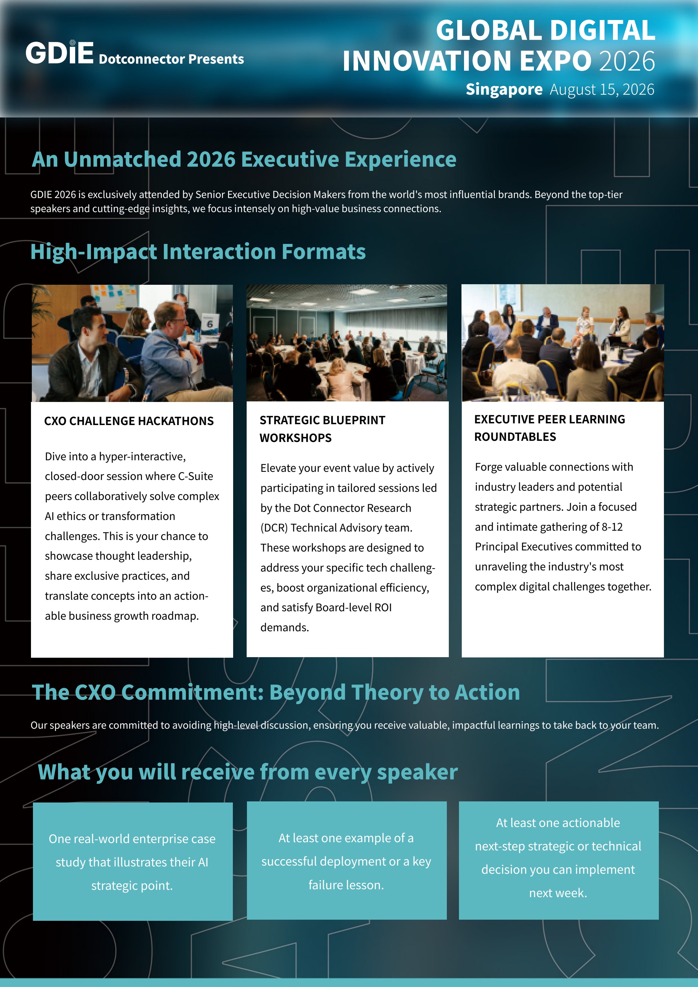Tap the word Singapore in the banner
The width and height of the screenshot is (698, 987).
[504, 89]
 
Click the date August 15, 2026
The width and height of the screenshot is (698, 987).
[602, 89]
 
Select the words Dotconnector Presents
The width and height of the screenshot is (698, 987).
[171, 59]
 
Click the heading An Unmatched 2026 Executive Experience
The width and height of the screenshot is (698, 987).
[244, 159]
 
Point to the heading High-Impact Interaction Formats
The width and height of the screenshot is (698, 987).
[198, 252]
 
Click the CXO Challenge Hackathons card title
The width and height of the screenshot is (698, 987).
[129, 421]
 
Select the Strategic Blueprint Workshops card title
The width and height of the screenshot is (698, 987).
[322, 429]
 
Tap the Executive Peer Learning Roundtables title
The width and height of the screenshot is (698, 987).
[550, 428]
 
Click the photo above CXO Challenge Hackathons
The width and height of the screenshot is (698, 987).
[132, 343]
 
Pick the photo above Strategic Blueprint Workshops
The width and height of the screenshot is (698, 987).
[347, 343]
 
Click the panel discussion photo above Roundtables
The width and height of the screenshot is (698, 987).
[563, 343]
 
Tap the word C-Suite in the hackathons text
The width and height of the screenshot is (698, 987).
[196, 476]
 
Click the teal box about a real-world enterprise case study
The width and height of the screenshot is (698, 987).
[133, 861]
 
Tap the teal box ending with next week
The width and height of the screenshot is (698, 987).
[559, 861]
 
